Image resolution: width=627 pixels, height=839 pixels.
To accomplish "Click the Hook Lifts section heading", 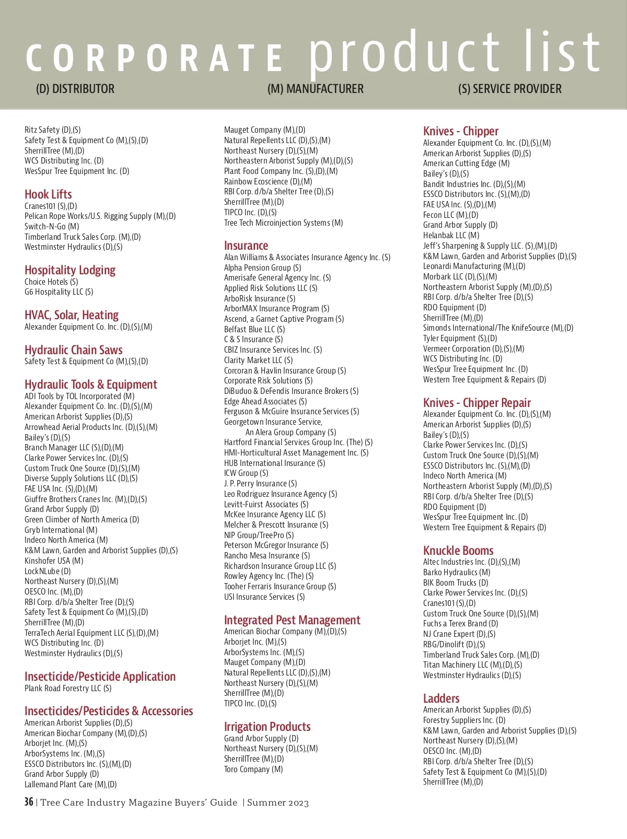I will [x=48, y=194].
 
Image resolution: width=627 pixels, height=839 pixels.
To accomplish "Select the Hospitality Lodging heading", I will [x=70, y=270].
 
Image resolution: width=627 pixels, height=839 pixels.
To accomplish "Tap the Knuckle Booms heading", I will [x=458, y=551].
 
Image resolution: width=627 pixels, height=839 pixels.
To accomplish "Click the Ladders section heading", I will [x=441, y=698].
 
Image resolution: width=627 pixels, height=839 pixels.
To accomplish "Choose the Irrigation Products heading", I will [x=267, y=727].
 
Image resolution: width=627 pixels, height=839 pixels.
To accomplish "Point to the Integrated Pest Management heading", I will [x=292, y=620].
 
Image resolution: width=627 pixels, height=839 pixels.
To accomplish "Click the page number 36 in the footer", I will [x=29, y=802].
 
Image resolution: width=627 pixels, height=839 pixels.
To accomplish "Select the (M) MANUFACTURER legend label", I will [x=315, y=89].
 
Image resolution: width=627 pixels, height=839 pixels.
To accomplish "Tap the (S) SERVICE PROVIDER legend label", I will [x=509, y=89].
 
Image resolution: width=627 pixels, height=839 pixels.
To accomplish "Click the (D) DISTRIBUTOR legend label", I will [x=75, y=89].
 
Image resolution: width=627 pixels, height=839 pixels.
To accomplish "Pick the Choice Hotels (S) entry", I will [x=51, y=282].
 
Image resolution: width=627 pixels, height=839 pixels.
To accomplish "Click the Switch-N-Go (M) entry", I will [x=52, y=226].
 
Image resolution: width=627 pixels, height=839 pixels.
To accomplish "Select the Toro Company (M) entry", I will [x=253, y=769].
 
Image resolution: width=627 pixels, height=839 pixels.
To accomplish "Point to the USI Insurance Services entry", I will [x=264, y=597].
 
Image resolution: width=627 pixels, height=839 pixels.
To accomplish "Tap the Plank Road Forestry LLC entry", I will [x=68, y=688].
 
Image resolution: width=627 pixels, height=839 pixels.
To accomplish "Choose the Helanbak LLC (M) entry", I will [x=451, y=235].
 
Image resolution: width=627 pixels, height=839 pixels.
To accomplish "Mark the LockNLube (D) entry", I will [x=48, y=571].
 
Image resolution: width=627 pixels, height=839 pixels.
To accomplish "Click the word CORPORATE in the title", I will [x=155, y=57].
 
